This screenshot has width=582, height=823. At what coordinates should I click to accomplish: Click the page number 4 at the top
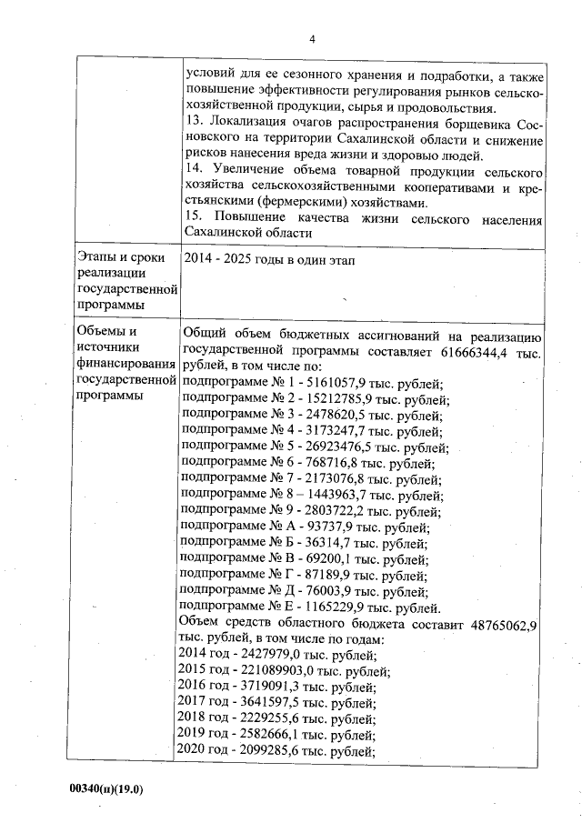[312, 38]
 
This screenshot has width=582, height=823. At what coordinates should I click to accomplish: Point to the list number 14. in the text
[192, 170]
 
